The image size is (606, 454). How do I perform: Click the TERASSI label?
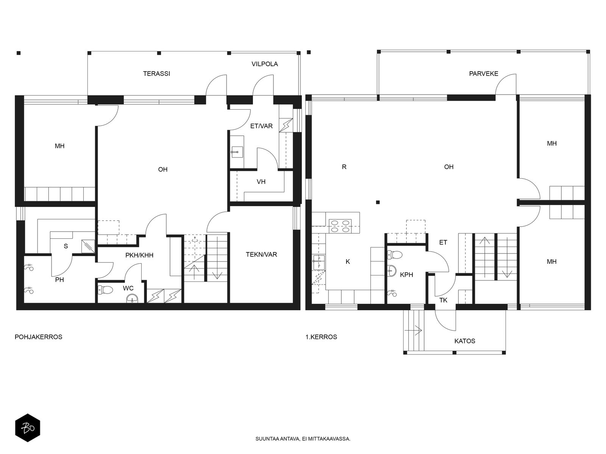[x=156, y=74]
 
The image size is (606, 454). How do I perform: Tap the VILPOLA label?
[x=264, y=64]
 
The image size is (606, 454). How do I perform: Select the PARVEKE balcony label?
[x=483, y=74]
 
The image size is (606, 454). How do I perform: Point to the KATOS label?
[x=465, y=341]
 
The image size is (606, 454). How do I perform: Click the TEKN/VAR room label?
[x=261, y=254]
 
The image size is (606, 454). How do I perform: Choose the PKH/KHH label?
[x=139, y=255]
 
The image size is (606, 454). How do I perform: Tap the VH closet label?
[x=261, y=182]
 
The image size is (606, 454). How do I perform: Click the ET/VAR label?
[x=261, y=126]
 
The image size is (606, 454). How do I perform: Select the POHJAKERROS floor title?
[x=38, y=337]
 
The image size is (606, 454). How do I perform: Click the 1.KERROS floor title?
[x=321, y=337]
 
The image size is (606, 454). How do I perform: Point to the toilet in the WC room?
[x=105, y=290]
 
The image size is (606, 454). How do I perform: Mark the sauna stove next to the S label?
[x=88, y=246]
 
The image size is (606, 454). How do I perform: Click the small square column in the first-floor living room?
[x=378, y=202]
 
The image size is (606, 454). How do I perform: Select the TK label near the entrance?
[x=443, y=300]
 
